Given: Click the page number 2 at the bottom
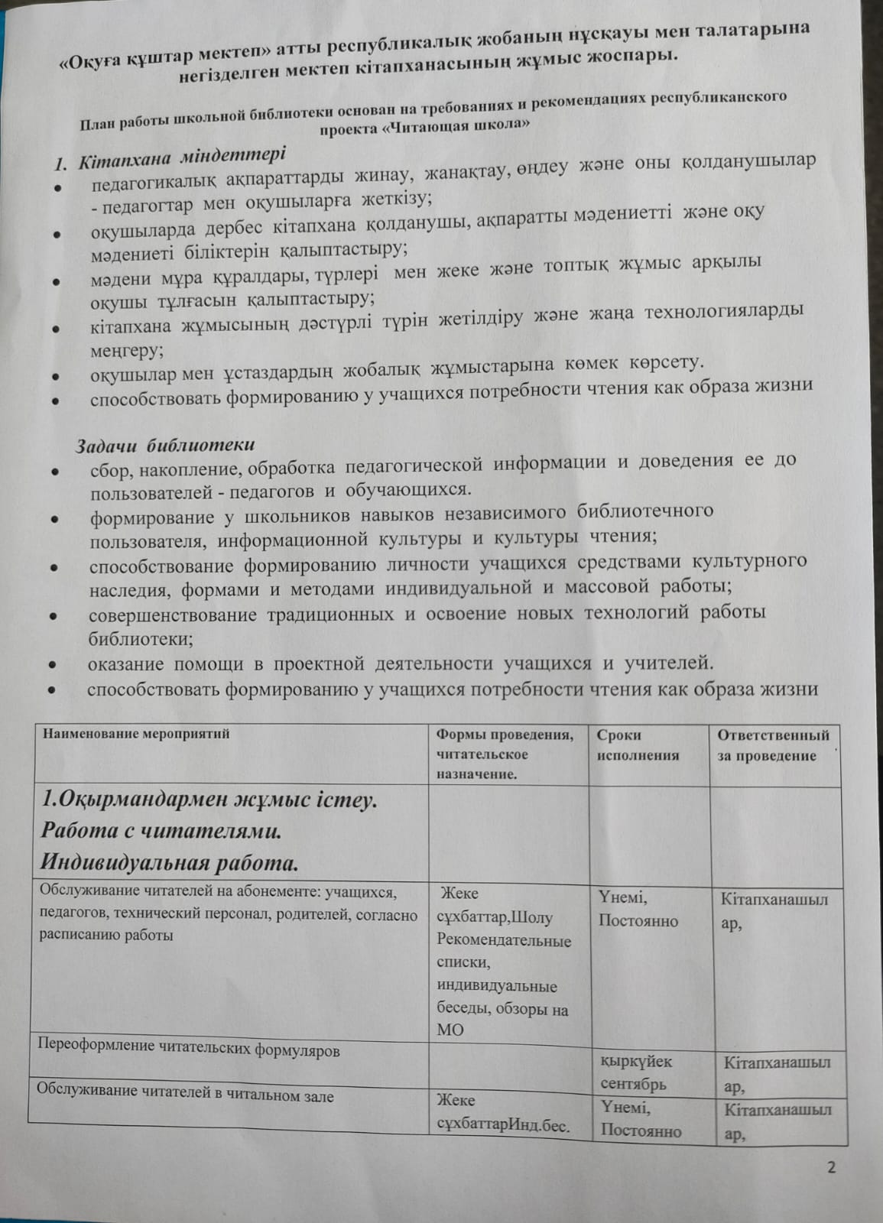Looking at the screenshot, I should coord(831,1167).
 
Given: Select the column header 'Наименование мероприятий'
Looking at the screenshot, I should coord(137,734).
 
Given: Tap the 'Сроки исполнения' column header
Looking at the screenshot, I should coord(638,745).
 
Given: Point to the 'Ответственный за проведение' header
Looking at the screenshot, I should coord(773,745).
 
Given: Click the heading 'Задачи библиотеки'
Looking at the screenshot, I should coord(165,445).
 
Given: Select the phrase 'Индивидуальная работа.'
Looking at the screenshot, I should coord(169,863).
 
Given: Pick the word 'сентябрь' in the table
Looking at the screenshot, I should coord(633,1083).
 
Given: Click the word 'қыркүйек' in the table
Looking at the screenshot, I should coord(636,1061).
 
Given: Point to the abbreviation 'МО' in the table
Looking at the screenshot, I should coord(450,1029).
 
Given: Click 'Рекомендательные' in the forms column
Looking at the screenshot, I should coord(504,940).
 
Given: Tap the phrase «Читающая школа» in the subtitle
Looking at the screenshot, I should coord(457,126).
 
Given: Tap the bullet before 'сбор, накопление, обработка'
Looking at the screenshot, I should coord(56,472).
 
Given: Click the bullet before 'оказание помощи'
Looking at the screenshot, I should coord(53,665).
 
